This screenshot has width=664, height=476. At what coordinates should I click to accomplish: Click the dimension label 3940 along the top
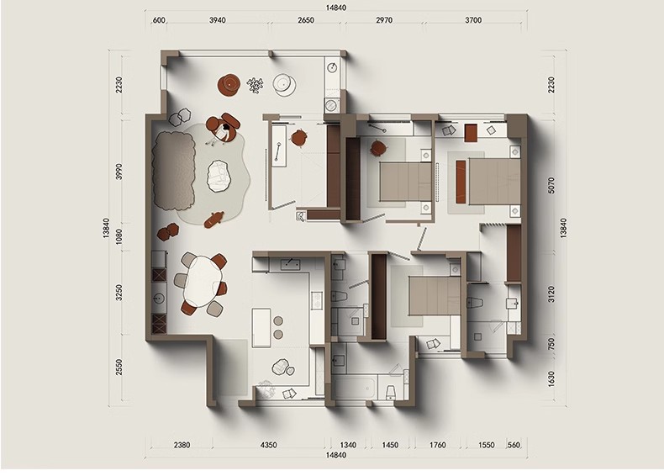217,20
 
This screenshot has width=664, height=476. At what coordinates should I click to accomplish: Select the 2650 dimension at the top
306,20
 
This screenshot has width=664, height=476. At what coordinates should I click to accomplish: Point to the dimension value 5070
551,185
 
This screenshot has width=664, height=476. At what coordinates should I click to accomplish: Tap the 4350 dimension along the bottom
268,445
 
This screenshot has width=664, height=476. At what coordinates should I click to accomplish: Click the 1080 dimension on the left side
119,237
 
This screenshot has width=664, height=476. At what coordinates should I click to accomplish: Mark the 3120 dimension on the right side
551,294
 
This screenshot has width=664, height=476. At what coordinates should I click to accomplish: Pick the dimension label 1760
437,445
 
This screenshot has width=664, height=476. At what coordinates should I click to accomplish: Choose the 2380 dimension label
182,445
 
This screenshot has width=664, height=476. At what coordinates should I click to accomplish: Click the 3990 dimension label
119,172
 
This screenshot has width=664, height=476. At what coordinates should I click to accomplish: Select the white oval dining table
203,281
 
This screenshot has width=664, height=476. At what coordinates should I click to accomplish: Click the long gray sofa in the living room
174,171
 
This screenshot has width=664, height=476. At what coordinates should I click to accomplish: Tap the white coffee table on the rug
219,177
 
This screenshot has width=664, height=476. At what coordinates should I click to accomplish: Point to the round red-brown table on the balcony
229,85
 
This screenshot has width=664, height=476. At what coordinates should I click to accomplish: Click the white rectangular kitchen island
261,328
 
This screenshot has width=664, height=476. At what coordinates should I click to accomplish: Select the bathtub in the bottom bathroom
355,389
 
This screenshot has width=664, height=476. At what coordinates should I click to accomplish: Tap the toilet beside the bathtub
391,392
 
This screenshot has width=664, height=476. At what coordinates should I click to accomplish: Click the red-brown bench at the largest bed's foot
461,182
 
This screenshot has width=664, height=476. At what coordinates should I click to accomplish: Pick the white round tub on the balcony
284,84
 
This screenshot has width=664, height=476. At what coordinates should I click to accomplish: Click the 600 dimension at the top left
159,20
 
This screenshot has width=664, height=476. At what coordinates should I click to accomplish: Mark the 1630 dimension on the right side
551,379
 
